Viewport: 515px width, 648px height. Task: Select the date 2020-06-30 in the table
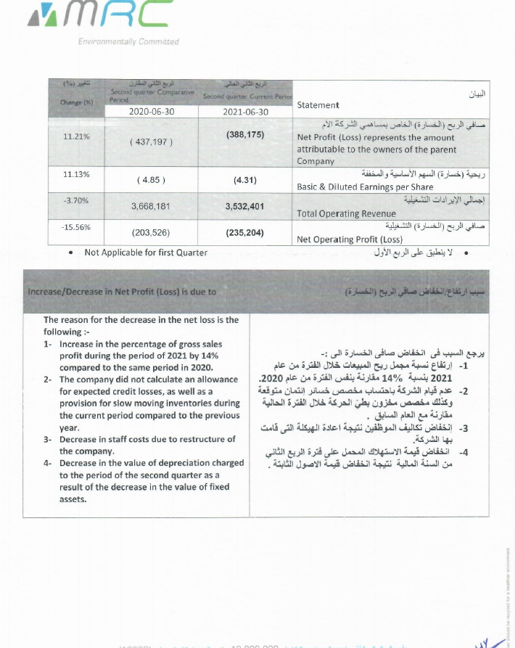click(x=152, y=112)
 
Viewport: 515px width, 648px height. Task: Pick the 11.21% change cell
click(x=77, y=136)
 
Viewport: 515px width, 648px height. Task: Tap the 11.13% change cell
click(x=77, y=174)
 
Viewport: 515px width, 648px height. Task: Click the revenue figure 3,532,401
click(x=245, y=206)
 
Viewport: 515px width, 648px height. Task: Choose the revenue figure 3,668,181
click(x=151, y=206)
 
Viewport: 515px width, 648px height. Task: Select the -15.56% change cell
click(x=76, y=226)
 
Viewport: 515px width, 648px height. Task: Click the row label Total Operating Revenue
click(x=347, y=213)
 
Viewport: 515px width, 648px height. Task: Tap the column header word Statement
click(x=318, y=105)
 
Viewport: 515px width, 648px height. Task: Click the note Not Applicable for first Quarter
click(x=146, y=253)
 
